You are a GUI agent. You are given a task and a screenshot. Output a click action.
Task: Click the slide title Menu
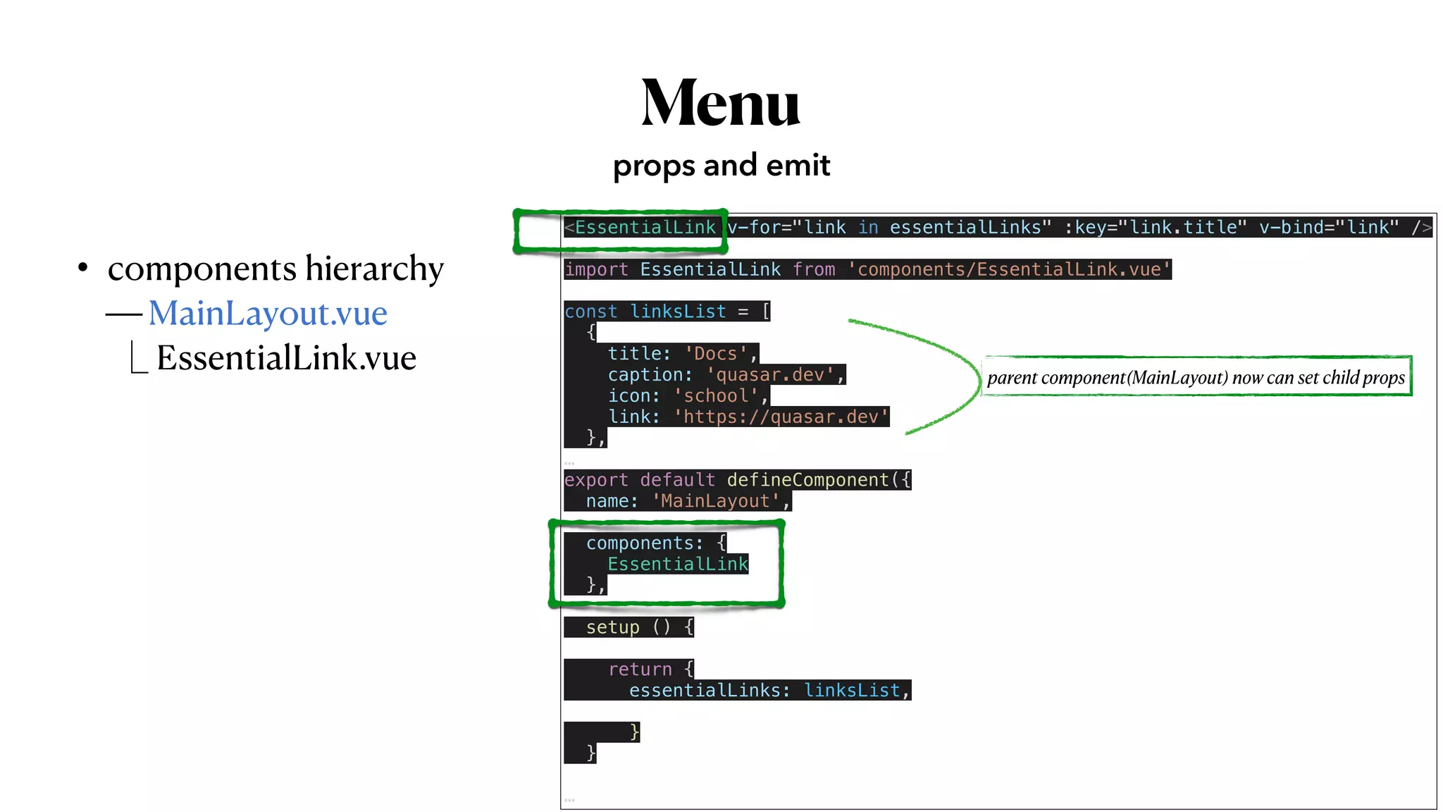point(720,103)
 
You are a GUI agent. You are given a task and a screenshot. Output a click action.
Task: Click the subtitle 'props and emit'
point(721,166)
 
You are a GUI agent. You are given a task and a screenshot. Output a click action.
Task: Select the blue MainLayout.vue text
point(268,314)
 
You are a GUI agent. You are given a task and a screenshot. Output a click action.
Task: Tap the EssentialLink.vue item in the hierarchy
point(286,358)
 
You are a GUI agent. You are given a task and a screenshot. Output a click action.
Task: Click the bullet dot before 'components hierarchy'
point(83,268)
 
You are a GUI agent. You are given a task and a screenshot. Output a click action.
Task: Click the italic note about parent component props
point(1196,378)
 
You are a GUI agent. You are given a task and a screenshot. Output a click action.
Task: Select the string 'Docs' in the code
point(715,354)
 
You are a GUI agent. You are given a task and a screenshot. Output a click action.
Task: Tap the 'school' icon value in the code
point(716,396)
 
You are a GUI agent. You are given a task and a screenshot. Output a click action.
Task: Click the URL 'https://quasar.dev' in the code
point(781,417)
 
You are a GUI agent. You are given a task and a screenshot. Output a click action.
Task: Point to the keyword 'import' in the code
point(596,269)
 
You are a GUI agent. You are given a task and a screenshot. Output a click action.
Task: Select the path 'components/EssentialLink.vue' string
point(1008,269)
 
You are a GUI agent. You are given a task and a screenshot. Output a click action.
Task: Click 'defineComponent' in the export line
point(807,480)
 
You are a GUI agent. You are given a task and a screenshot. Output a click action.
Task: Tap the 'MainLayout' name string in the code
point(715,501)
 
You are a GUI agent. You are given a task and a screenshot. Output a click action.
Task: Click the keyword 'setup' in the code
point(612,627)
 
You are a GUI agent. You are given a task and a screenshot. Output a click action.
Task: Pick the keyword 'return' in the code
point(640,670)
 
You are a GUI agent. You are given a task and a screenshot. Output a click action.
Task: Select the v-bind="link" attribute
point(1328,228)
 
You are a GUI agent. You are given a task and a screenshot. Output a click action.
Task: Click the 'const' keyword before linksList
point(590,312)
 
